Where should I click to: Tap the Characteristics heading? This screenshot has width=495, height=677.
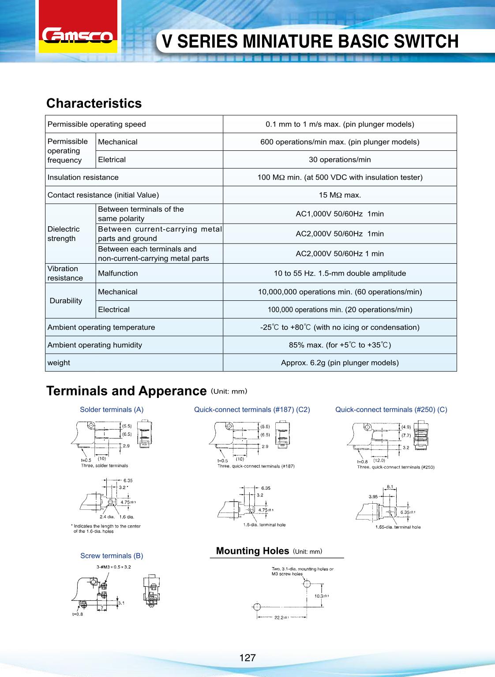(94, 103)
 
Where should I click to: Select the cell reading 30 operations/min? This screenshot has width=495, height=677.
(340, 160)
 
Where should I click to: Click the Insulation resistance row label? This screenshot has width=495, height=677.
(83, 177)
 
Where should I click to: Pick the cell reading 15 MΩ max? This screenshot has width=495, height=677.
(340, 195)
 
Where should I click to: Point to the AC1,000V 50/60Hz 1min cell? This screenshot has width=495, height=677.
(340, 214)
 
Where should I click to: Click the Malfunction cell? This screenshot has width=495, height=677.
(118, 273)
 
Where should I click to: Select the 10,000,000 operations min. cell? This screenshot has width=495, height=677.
(340, 292)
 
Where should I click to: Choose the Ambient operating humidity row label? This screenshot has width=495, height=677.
(95, 345)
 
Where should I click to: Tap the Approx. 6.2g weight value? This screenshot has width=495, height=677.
(340, 363)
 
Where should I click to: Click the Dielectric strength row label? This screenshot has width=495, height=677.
(64, 234)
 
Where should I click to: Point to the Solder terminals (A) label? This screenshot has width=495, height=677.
(112, 409)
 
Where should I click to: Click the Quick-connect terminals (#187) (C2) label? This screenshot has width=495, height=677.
(252, 409)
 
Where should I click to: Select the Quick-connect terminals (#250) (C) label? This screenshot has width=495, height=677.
(391, 409)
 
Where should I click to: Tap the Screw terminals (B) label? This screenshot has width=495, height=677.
(112, 556)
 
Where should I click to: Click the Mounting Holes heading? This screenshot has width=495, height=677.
(252, 551)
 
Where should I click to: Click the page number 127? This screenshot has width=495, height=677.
(247, 658)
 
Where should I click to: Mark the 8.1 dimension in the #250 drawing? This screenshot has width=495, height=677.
(390, 487)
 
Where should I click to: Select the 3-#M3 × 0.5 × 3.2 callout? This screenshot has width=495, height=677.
(113, 567)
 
